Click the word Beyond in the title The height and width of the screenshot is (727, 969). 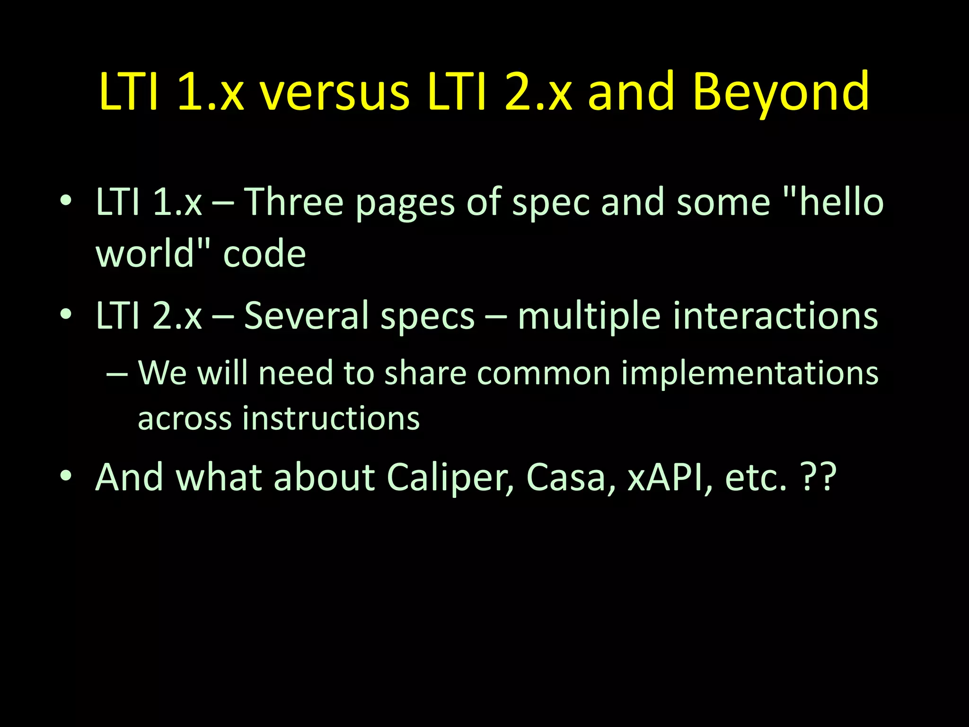pos(781,92)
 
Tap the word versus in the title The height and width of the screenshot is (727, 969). pos(335,92)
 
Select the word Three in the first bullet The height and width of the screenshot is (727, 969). pos(293,203)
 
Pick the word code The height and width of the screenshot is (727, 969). pos(264,254)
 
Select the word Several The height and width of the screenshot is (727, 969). pos(306,316)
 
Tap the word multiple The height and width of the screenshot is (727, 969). pos(589,317)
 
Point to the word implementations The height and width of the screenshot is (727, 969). pos(749,374)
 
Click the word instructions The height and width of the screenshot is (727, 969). pos(331,418)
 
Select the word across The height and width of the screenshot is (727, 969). pos(185,419)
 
